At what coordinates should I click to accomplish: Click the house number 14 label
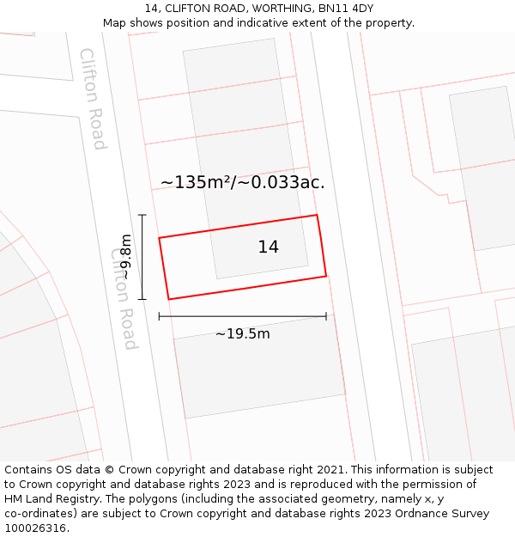click(268, 247)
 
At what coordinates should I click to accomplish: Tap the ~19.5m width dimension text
click(242, 333)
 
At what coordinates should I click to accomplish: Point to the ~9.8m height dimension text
click(126, 257)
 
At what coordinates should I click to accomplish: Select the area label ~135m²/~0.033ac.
click(242, 182)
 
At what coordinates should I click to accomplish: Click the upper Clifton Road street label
click(93, 99)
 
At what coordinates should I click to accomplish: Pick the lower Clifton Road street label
click(124, 299)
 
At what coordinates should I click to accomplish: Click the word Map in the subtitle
click(115, 23)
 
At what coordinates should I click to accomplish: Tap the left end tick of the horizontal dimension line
click(160, 316)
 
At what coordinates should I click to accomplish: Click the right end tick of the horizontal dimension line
click(326, 316)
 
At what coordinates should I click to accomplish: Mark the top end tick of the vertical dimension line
click(142, 215)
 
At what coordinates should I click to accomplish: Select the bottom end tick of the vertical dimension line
click(142, 299)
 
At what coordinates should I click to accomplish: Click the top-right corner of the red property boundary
click(317, 215)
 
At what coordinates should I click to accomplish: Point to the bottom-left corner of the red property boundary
click(168, 299)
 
